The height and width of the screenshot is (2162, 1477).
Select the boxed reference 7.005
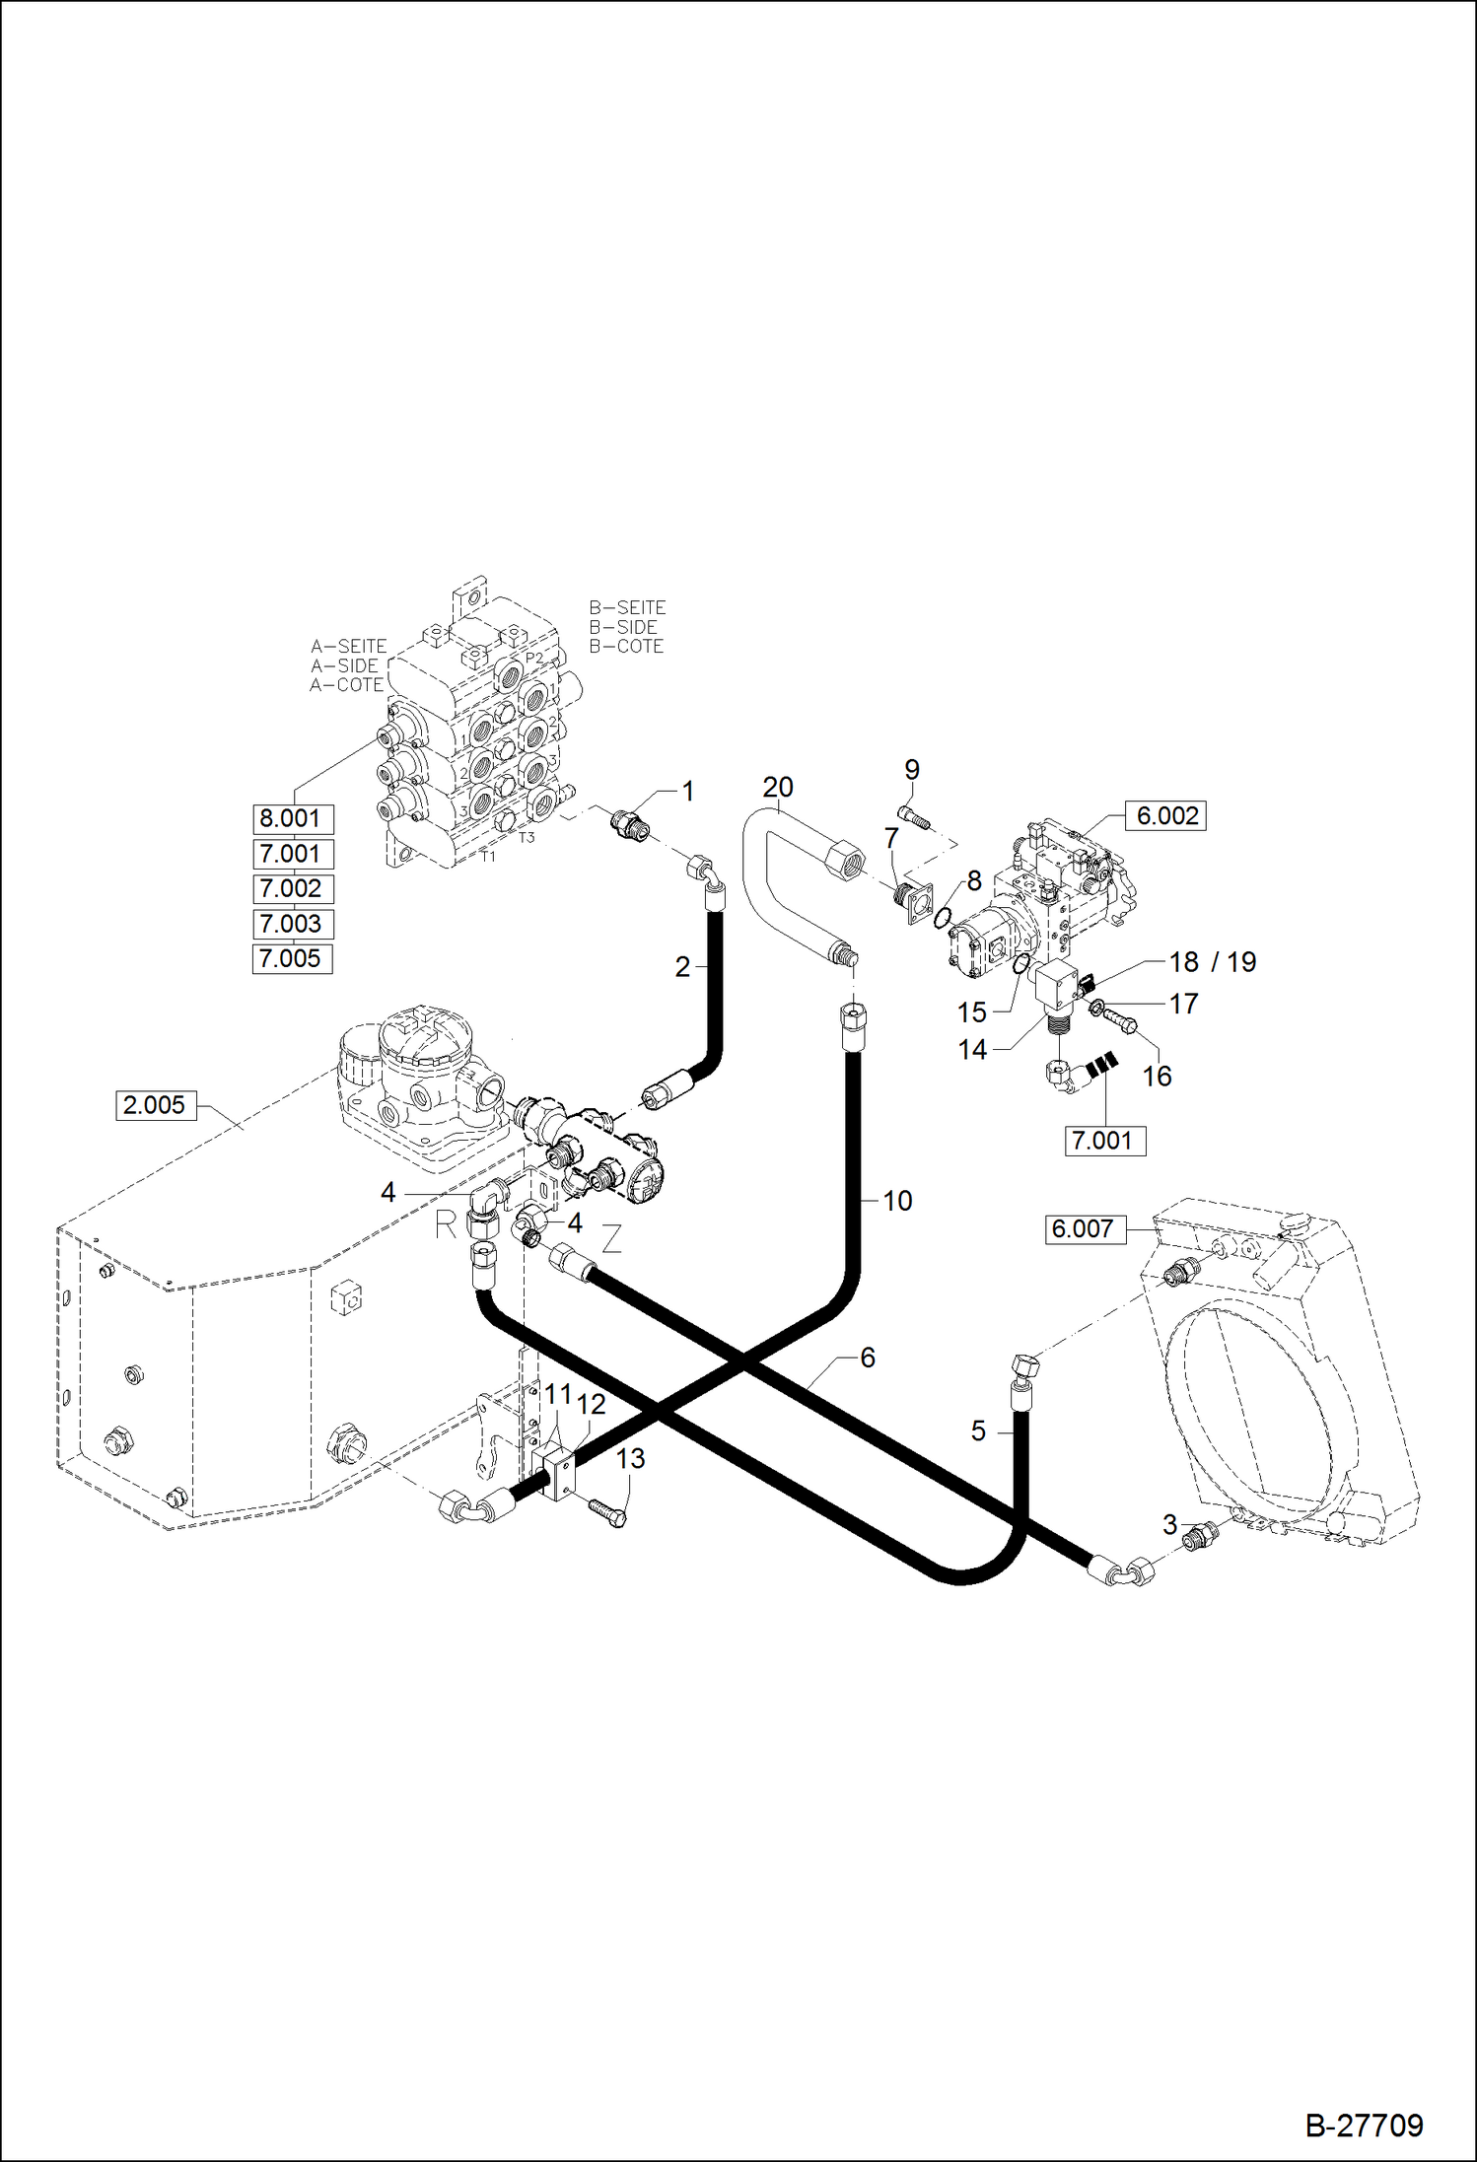[292, 958]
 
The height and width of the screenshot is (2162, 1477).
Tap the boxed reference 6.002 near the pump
[1166, 816]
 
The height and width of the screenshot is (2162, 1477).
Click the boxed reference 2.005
[154, 1105]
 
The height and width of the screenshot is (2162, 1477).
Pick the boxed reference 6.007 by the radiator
[1084, 1229]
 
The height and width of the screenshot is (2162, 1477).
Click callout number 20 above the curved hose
[777, 788]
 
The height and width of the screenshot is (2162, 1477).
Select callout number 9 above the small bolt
[911, 769]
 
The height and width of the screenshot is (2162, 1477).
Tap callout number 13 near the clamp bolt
[630, 1458]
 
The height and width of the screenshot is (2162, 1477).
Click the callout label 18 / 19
[1212, 962]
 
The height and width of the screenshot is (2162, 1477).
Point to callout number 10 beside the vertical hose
[897, 1201]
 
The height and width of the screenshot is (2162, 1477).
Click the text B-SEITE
[627, 608]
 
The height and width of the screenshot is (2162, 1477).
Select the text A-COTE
[346, 685]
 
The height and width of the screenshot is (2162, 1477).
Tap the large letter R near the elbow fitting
[447, 1225]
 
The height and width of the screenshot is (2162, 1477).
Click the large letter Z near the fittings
[611, 1239]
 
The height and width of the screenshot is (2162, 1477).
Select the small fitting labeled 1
[628, 823]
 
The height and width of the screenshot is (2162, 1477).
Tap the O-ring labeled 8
[942, 919]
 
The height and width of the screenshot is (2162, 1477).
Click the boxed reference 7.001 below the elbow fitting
[1105, 1142]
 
